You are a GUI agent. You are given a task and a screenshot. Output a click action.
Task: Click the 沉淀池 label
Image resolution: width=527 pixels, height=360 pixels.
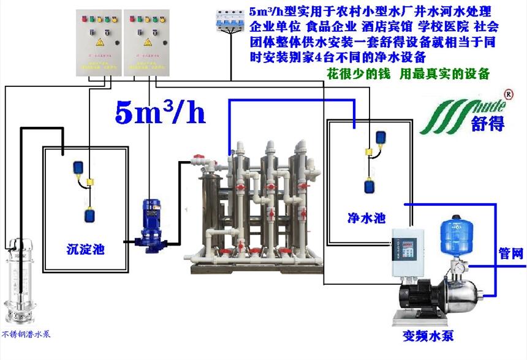(86, 249)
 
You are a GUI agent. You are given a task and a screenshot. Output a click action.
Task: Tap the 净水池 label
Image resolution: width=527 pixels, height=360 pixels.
(366, 217)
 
